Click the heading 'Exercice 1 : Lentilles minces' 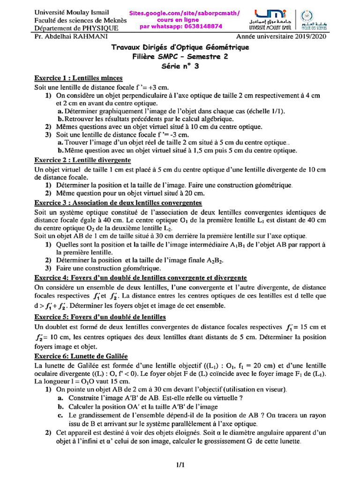pyautogui.click(x=79, y=78)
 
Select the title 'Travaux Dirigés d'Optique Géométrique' pyautogui.click(x=180, y=47)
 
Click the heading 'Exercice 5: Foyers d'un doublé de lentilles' pyautogui.click(x=100, y=317)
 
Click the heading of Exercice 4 pyautogui.click(x=141, y=278)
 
